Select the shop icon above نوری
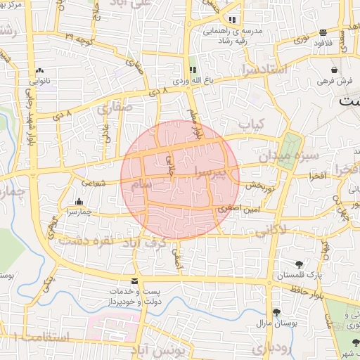323,32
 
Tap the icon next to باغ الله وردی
192,70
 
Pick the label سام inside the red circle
141,184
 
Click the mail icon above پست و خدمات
134,281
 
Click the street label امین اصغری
232,208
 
